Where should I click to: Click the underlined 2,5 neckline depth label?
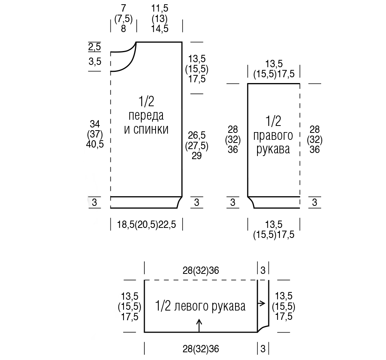[95, 47]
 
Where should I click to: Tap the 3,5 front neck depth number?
[95, 61]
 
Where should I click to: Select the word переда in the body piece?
[146, 116]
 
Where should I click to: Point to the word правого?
[273, 136]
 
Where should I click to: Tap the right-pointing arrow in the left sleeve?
[261, 303]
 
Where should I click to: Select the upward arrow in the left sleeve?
[199, 325]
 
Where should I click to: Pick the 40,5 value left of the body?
[95, 144]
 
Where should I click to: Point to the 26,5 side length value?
[197, 135]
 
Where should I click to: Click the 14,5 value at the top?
[160, 29]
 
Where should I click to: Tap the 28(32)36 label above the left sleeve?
[201, 270]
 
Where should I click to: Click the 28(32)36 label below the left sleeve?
[201, 349]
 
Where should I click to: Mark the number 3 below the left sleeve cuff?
[263, 349]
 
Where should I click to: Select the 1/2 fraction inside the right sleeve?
[273, 121]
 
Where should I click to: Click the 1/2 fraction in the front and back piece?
[146, 101]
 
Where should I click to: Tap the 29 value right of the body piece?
[197, 156]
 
